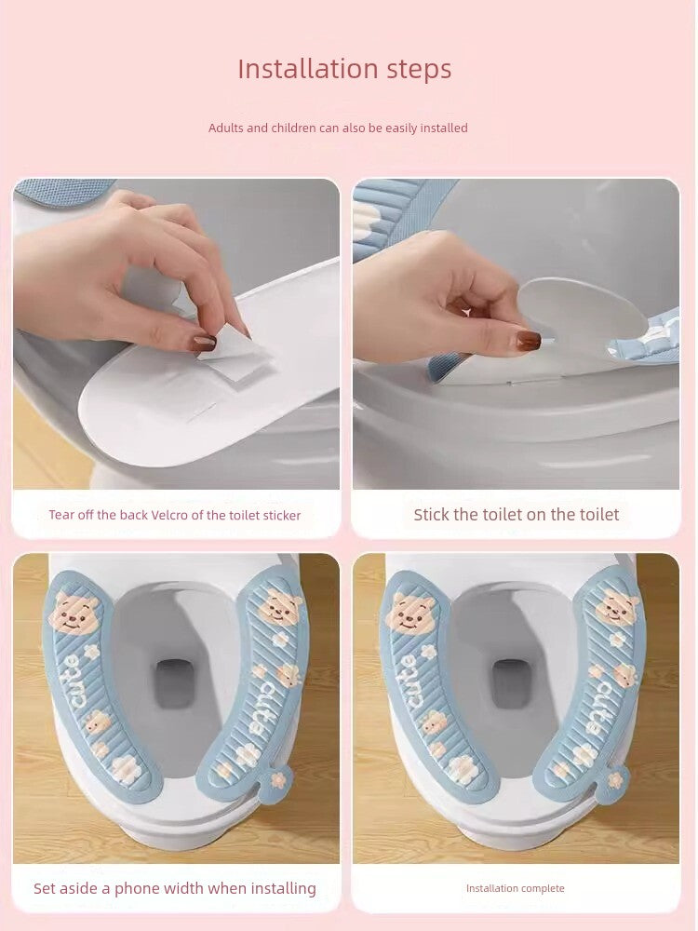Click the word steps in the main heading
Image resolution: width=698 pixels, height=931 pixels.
click(419, 70)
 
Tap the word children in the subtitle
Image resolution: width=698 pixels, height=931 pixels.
click(293, 128)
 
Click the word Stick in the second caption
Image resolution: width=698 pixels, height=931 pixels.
click(432, 514)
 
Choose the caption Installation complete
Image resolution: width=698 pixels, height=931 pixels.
click(516, 888)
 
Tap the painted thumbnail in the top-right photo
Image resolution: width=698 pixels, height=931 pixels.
click(529, 340)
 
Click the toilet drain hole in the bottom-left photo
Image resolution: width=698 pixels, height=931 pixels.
click(175, 682)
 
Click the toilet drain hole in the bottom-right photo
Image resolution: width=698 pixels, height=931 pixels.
click(511, 682)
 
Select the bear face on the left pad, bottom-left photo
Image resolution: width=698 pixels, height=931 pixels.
click(74, 614)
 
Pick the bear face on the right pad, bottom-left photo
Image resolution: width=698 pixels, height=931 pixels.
click(278, 607)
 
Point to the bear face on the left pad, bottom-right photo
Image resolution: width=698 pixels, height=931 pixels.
click(410, 614)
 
